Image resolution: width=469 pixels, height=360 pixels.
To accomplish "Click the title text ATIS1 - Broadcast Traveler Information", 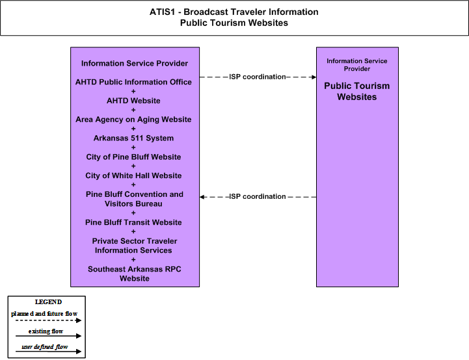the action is click(x=234, y=12).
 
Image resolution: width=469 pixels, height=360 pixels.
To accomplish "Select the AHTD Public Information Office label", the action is click(x=133, y=82).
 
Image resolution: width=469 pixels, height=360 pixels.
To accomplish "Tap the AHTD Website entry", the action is click(x=133, y=101).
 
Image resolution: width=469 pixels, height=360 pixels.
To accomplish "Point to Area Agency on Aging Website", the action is click(x=133, y=120).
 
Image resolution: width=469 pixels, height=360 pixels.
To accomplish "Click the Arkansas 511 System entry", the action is click(x=133, y=138).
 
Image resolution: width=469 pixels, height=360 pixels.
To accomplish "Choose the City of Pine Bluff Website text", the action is click(x=133, y=157).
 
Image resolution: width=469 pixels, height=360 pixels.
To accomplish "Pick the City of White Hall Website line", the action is click(x=133, y=175).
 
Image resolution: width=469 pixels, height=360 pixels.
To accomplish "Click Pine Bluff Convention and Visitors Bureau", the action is click(x=134, y=199).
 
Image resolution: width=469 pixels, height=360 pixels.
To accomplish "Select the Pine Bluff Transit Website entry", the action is click(x=133, y=222).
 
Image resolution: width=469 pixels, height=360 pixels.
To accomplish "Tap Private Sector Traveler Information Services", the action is click(x=134, y=246).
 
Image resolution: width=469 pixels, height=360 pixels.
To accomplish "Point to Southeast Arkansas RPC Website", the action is click(x=134, y=274).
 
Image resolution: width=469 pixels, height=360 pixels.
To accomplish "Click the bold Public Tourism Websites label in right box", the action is click(x=357, y=92).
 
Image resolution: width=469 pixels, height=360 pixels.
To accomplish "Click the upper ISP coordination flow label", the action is click(x=258, y=77).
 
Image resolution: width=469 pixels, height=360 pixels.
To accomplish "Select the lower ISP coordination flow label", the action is click(x=258, y=197).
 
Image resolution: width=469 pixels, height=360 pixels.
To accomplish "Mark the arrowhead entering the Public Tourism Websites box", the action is click(x=314, y=77).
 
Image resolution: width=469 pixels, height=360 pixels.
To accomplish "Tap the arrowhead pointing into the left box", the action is click(x=202, y=197).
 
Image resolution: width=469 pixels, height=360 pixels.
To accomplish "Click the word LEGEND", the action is click(x=48, y=302).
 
